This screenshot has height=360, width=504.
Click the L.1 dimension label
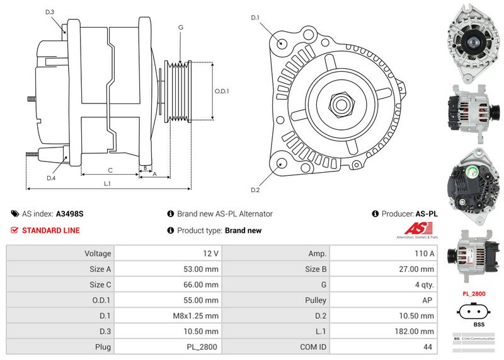[107, 183]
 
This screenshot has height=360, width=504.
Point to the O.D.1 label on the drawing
[222, 91]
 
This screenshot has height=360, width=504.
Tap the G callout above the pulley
[181, 28]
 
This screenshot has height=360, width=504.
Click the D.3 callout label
[50, 12]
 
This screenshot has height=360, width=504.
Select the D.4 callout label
[51, 178]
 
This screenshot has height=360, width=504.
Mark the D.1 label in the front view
[255, 17]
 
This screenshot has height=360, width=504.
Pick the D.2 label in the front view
[255, 190]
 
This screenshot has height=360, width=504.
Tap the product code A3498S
[69, 214]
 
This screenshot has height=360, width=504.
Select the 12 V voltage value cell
[211, 253]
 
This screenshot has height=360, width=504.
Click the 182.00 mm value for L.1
[418, 331]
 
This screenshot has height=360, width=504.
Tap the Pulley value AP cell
[429, 300]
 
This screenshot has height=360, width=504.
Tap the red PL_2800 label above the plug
[474, 294]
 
